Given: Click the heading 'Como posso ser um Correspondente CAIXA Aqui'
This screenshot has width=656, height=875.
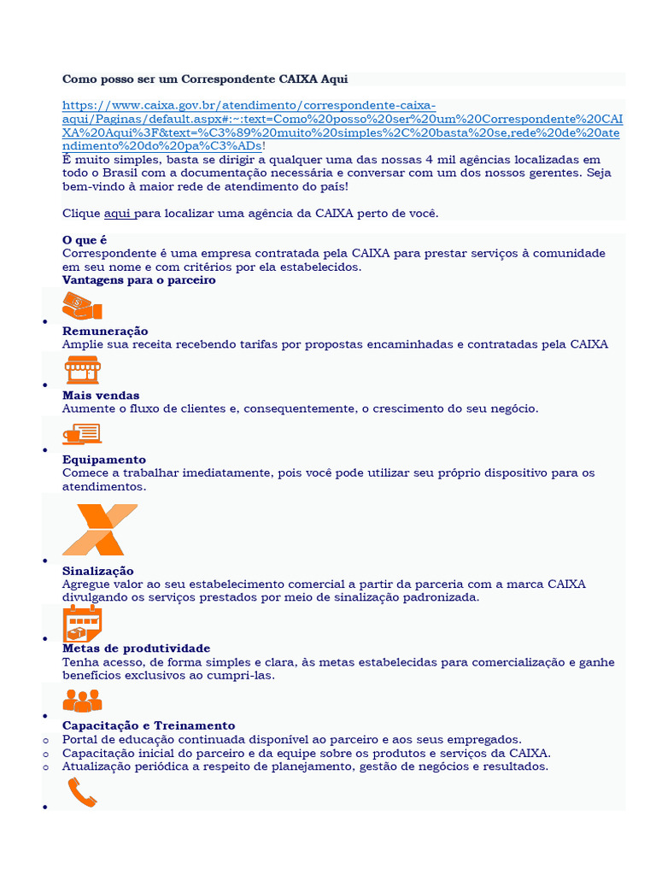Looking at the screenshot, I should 205,79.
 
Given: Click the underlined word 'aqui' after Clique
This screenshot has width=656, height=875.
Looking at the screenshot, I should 117,213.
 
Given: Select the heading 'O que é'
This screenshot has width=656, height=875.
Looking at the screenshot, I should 85,240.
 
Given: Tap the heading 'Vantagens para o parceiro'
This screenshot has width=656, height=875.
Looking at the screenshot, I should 139,279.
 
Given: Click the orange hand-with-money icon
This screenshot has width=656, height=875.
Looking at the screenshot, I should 82,305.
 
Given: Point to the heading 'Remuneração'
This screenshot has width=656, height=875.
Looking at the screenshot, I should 105,331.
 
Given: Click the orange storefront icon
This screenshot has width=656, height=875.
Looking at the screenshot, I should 82,370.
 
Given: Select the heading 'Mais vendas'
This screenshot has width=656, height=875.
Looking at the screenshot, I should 101,396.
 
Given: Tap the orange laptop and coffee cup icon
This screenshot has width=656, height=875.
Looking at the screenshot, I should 82,434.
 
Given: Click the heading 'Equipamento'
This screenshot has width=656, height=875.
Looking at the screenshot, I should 104,460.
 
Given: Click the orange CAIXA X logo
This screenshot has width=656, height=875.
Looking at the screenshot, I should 99,530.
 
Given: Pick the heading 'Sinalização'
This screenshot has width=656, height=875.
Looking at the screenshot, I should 98,571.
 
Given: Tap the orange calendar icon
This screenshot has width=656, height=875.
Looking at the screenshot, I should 82,624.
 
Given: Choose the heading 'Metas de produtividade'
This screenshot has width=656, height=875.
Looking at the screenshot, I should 137,649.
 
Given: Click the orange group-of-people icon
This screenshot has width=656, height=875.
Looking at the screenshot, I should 82,701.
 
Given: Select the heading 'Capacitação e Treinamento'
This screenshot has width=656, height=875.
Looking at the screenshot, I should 149,725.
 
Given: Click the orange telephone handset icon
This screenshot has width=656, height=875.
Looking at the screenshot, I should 82,794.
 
